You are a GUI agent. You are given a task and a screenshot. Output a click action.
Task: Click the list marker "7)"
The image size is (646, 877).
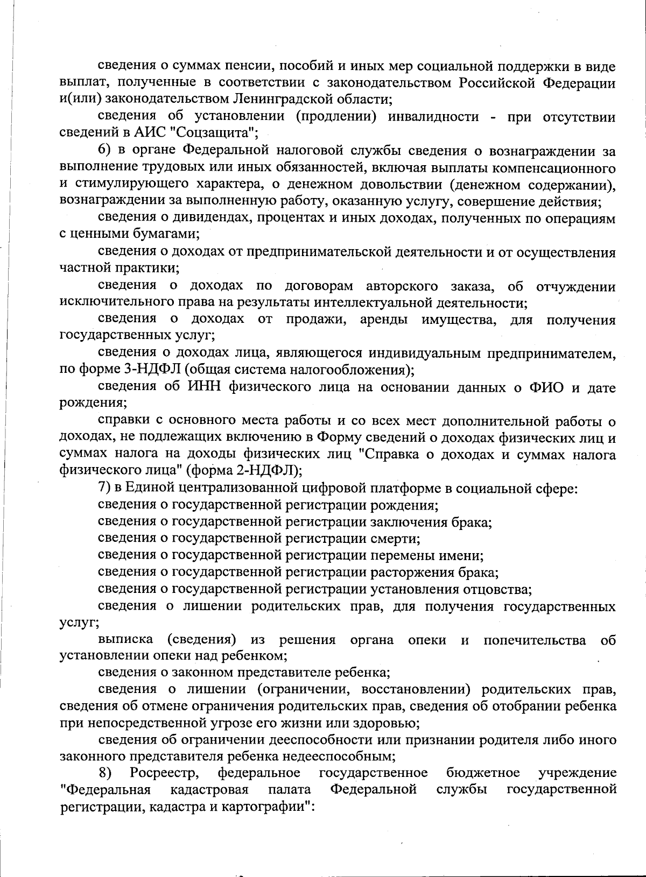[x=106, y=488]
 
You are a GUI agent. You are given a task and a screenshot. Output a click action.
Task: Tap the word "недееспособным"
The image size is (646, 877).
[x=345, y=756]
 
